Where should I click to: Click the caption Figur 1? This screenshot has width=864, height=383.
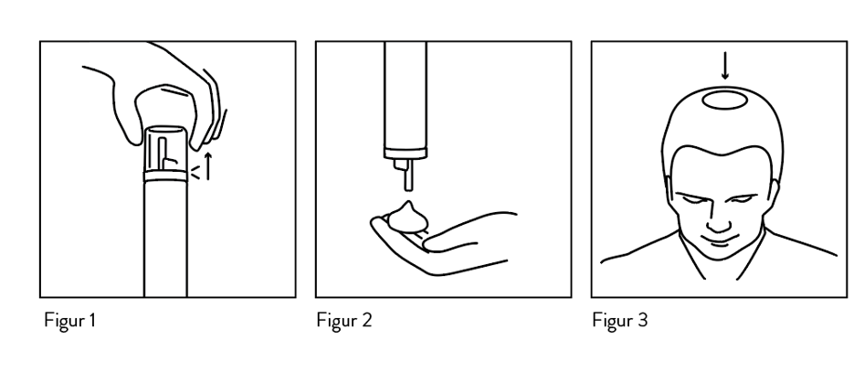click(x=70, y=321)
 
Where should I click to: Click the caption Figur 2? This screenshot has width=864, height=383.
click(x=343, y=321)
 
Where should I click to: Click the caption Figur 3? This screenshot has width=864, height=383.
click(x=620, y=321)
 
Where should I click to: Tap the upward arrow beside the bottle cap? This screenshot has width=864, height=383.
click(x=208, y=166)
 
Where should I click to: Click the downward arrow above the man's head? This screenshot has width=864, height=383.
click(x=725, y=66)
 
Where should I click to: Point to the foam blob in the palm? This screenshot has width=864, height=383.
click(x=408, y=218)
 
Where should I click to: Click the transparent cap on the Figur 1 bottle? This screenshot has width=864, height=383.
click(x=165, y=149)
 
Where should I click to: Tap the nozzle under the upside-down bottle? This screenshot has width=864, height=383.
click(x=405, y=175)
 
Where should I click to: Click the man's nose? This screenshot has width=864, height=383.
click(x=719, y=220)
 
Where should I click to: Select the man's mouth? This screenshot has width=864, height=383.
click(x=719, y=241)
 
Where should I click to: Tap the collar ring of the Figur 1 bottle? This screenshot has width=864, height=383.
click(x=165, y=176)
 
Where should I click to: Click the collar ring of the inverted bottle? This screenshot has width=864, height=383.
click(x=406, y=154)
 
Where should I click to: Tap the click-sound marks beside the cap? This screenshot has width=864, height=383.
click(x=195, y=173)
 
